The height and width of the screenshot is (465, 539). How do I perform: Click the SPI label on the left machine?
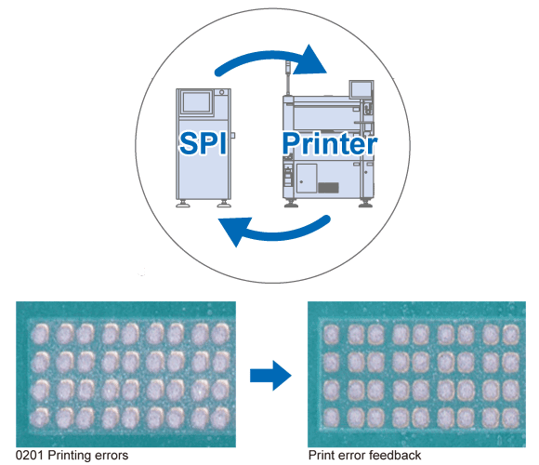pyautogui.click(x=203, y=143)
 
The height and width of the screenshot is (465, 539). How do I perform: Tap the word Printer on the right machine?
pyautogui.click(x=330, y=143)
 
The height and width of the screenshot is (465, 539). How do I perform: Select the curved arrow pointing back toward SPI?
pyautogui.click(x=275, y=232)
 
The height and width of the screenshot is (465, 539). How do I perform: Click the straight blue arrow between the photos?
pyautogui.click(x=270, y=376)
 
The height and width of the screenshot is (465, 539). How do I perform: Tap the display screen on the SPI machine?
pyautogui.click(x=196, y=101)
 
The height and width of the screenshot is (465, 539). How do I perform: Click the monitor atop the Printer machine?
pyautogui.click(x=361, y=90)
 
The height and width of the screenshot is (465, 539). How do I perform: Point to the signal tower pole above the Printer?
pyautogui.click(x=288, y=77)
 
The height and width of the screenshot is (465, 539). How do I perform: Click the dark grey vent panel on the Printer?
pyautogui.click(x=328, y=188)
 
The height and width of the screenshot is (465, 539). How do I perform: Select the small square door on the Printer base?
pyautogui.click(x=307, y=179)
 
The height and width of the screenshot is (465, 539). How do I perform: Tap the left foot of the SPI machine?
pyautogui.click(x=183, y=204)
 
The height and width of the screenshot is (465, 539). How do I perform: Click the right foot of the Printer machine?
pyautogui.click(x=365, y=204)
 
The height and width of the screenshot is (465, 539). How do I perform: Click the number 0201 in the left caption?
pyautogui.click(x=29, y=455)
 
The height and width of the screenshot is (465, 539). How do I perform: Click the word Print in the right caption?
pyautogui.click(x=322, y=455)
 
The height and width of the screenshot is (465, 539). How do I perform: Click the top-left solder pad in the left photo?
pyautogui.click(x=40, y=334)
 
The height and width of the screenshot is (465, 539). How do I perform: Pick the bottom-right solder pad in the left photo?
pyautogui.click(x=220, y=418)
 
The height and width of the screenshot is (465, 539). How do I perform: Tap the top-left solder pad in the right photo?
pyautogui.click(x=331, y=334)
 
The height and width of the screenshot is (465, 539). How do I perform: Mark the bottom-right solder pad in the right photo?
pyautogui.click(x=511, y=418)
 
